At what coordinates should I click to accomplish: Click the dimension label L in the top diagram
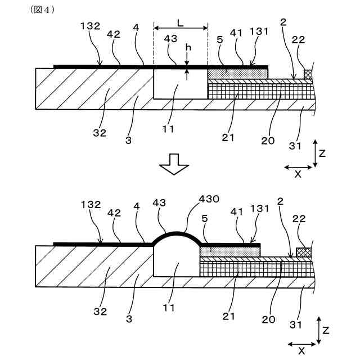click(x=180, y=24)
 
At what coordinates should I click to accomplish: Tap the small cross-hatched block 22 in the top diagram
click(x=308, y=74)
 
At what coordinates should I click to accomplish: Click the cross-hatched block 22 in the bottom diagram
click(x=304, y=250)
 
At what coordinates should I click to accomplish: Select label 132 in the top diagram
click(x=90, y=26)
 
